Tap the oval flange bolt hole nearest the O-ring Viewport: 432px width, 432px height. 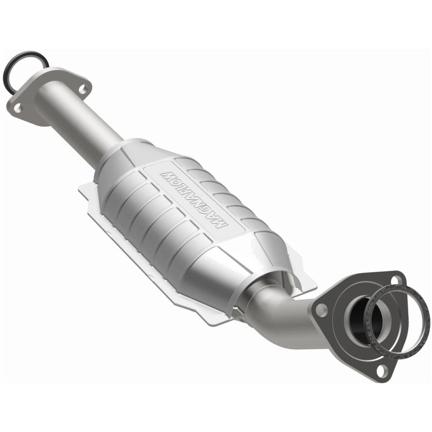(18, 107)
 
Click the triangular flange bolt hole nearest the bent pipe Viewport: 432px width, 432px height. (321, 310)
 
